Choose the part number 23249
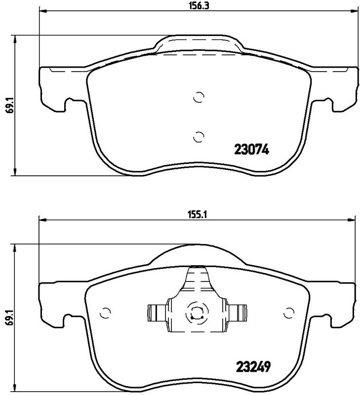[x=250, y=368]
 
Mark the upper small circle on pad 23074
[x=198, y=97]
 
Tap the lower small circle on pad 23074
[x=198, y=136]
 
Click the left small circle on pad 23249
[x=105, y=312]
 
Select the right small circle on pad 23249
[x=289, y=312]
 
